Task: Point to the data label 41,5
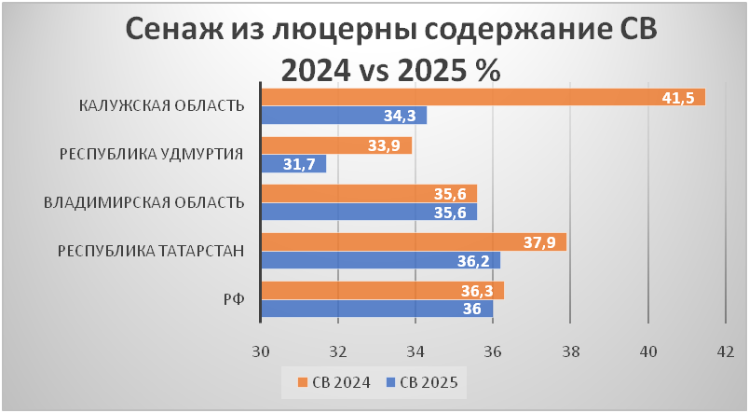pyautogui.click(x=677, y=98)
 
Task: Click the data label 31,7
pyautogui.click(x=298, y=164)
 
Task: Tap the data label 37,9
pyautogui.click(x=538, y=242)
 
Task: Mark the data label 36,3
pyautogui.click(x=477, y=291)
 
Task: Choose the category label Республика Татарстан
pyautogui.click(x=151, y=251)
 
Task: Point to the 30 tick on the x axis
pyautogui.click(x=261, y=351)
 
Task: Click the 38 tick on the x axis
pyautogui.click(x=571, y=351)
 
